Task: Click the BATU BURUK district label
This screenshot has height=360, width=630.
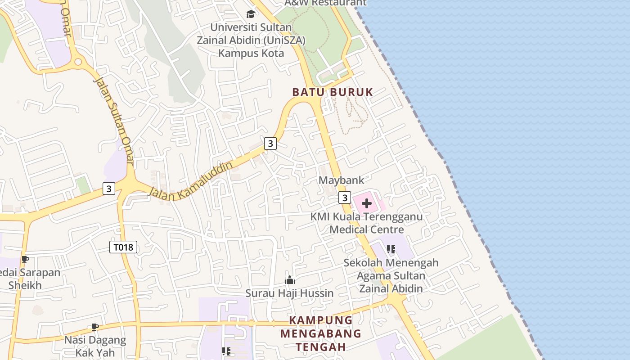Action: coord(333,92)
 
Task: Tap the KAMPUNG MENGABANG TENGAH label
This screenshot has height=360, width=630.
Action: coord(321,333)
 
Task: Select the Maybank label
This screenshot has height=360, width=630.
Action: coord(341,180)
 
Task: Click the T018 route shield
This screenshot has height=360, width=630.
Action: coord(123,247)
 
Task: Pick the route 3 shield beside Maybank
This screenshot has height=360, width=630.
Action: coord(345,198)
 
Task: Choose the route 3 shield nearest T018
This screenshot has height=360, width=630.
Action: coord(108,188)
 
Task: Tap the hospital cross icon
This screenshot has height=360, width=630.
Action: coord(367,203)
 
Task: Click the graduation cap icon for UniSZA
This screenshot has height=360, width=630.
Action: coord(251,14)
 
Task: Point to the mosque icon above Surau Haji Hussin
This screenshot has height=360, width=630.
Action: coord(289,280)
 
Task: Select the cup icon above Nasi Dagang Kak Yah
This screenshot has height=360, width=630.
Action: coord(94,327)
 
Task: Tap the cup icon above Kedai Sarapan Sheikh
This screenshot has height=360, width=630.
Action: coord(25,260)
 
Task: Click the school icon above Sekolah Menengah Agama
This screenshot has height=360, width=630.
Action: coord(391,249)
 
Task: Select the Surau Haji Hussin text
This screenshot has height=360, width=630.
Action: coord(289,293)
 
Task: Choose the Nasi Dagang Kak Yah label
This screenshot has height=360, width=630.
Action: coord(95,346)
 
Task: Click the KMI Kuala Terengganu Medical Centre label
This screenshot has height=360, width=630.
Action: coord(367,223)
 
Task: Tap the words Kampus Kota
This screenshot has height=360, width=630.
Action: coord(251,53)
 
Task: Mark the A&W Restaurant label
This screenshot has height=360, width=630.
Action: coord(326,3)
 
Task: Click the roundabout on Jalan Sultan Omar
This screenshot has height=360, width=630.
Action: coord(78,61)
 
